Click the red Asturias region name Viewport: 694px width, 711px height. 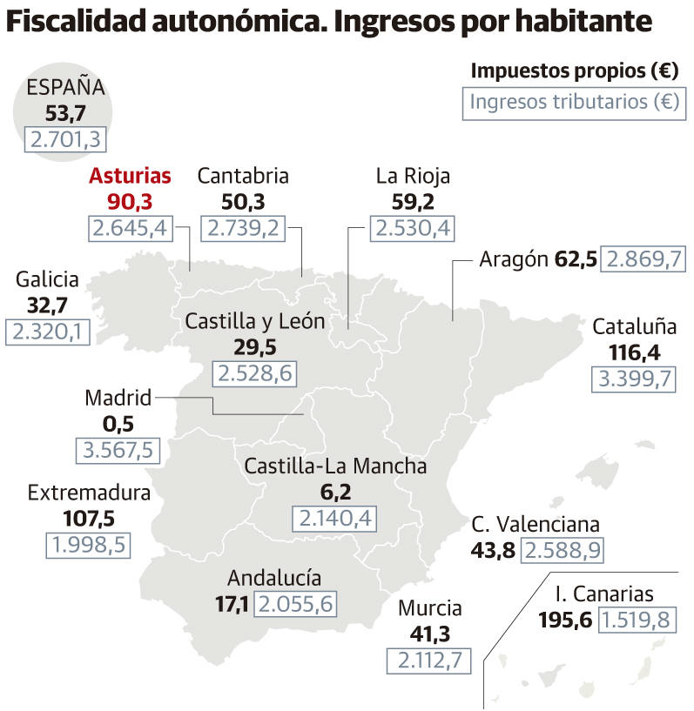130,176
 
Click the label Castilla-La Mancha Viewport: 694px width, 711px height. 335,466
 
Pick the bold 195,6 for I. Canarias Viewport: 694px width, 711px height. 565,620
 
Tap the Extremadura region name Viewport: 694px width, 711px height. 89,493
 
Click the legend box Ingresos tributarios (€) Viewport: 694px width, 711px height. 574,101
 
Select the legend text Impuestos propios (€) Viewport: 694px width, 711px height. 575,70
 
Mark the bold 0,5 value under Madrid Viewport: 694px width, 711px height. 118,424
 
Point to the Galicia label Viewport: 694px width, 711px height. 47,279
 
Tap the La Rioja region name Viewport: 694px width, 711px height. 413,176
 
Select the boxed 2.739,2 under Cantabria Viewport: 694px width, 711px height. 243,228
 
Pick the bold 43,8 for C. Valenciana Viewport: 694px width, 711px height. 493,550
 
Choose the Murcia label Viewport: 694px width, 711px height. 429,608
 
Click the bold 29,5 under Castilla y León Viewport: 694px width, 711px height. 254,347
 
